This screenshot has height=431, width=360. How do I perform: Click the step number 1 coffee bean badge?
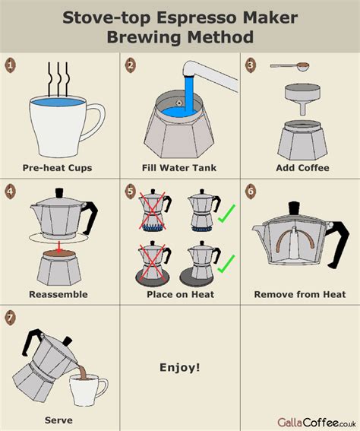pyautogui.click(x=11, y=65)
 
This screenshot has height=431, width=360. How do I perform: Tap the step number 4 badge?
pyautogui.click(x=11, y=190)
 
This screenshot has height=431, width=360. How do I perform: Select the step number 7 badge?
pyautogui.click(x=11, y=318)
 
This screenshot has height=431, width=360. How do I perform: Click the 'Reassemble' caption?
pyautogui.click(x=58, y=294)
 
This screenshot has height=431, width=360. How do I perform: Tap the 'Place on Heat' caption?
pyautogui.click(x=179, y=294)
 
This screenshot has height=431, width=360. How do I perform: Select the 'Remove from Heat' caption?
pyautogui.click(x=300, y=294)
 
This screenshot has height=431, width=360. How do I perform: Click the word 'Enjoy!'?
pyautogui.click(x=180, y=368)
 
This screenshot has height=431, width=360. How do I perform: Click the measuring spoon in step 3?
pyautogui.click(x=287, y=65)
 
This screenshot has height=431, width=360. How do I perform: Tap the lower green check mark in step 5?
pyautogui.click(x=225, y=264)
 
